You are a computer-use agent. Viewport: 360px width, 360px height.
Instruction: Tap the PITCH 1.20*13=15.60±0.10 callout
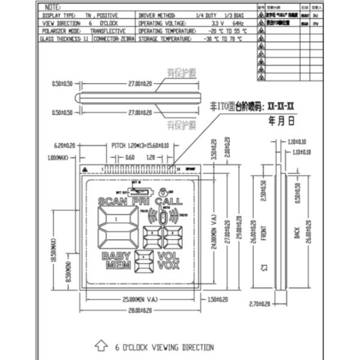140,145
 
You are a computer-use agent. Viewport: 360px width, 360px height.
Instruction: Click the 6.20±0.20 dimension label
64,145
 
